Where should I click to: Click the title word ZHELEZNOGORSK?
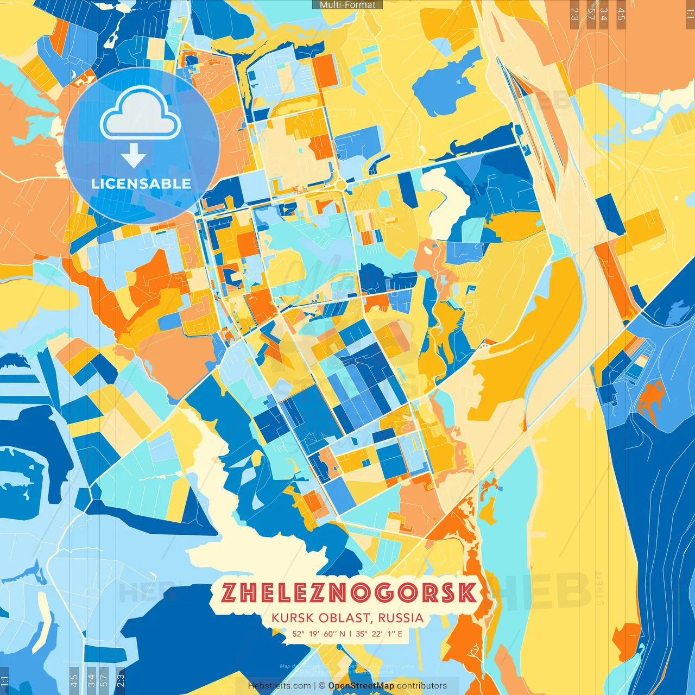tap(349, 593)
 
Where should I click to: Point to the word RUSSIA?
tap(401, 618)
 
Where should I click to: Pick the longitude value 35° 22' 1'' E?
tap(379, 634)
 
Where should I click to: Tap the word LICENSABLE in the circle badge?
tap(141, 184)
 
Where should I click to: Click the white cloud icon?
tap(140, 114)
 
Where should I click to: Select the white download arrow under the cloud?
tap(134, 155)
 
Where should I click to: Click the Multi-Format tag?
tap(347, 5)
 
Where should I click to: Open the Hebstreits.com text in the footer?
tap(280, 686)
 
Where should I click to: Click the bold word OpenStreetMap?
tap(361, 686)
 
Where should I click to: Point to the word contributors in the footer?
tap(422, 686)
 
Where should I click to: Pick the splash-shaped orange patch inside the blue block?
tap(650, 400)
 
